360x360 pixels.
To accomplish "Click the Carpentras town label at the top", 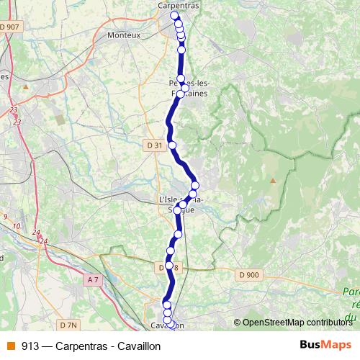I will (x=179, y=5).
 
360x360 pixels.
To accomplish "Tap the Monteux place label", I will (x=123, y=35).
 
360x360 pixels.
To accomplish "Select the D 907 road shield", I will (x=11, y=27).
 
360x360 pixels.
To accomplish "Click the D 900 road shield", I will (x=248, y=274).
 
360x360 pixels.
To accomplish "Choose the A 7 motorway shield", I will (x=92, y=279).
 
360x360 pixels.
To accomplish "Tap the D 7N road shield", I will (x=68, y=325).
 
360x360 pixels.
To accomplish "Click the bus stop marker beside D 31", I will (x=172, y=145).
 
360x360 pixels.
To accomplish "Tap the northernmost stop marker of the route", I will (x=174, y=16).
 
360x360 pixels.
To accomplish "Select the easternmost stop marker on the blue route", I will (x=194, y=186).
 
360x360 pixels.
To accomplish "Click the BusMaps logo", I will (x=325, y=346).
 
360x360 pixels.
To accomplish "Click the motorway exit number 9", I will (x=6, y=217).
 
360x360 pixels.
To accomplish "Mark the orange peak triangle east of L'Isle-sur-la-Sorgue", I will (x=273, y=181).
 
